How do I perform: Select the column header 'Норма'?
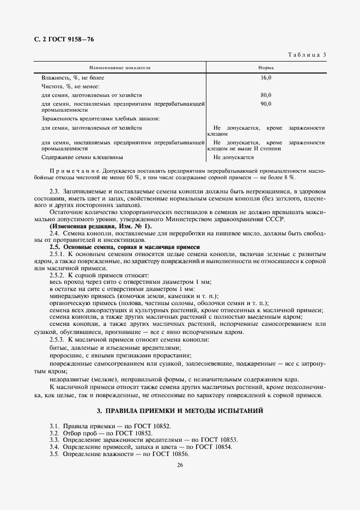[x=266, y=68]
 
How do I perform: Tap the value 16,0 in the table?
[x=266, y=78]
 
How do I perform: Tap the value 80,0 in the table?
[x=266, y=95]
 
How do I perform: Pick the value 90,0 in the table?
[x=266, y=104]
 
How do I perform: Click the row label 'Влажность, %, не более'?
[x=72, y=78]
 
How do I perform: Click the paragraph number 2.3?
[x=55, y=191]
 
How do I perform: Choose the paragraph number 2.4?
[x=55, y=233]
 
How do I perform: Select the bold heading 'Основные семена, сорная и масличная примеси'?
[x=133, y=247]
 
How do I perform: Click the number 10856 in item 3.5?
[x=178, y=454]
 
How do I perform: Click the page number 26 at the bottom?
[x=180, y=465]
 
